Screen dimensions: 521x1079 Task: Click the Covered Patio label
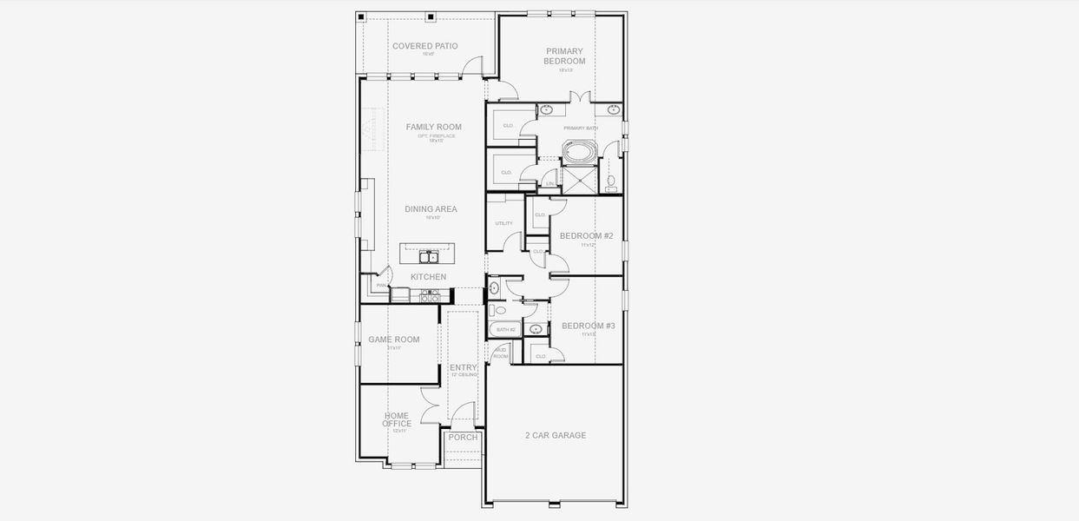[x=424, y=46]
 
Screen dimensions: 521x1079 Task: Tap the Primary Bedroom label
[x=564, y=56]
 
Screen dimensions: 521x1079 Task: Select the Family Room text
[x=434, y=127]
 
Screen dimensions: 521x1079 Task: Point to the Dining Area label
[x=431, y=209]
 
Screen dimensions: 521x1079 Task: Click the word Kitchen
[x=428, y=277]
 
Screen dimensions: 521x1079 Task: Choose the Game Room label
[x=393, y=340]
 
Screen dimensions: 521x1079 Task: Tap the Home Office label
[x=397, y=420]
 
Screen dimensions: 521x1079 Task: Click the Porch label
[x=463, y=438]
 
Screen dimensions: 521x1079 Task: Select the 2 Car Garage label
[x=556, y=435]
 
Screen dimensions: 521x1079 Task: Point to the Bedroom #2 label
[x=586, y=236]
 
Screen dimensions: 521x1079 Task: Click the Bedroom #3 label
[x=588, y=326]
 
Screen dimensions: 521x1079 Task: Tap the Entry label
[x=464, y=368]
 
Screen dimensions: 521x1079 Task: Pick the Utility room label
[x=503, y=223]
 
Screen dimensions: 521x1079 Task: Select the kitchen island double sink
[x=428, y=256]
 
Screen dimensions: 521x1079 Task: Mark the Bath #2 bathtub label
[x=506, y=330]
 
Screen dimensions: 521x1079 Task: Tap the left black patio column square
[x=362, y=16]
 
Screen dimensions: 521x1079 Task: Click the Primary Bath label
[x=581, y=129]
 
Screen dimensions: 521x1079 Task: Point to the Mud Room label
[x=500, y=353]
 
